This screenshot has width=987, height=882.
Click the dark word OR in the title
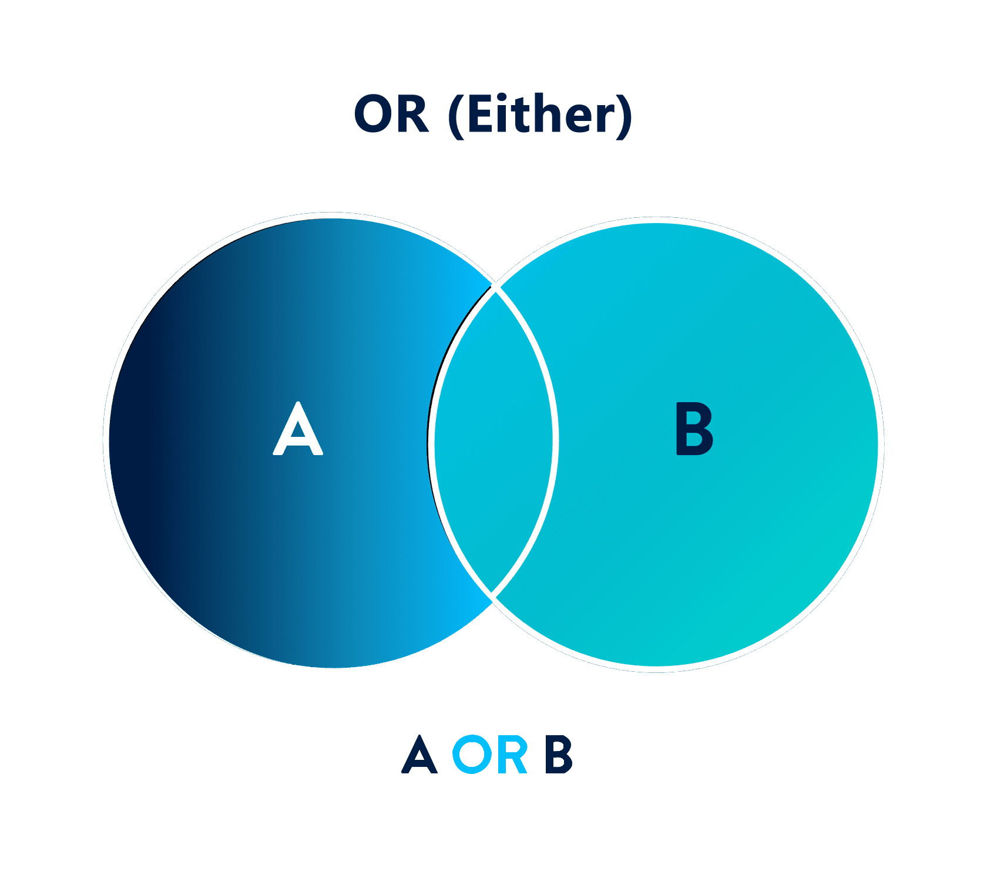(391, 114)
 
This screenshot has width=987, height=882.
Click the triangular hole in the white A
(298, 431)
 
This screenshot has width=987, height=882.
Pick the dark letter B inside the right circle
(694, 429)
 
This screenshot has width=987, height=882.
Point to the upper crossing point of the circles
(495, 288)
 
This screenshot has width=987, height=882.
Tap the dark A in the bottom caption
(419, 755)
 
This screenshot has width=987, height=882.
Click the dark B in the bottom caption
(558, 755)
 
